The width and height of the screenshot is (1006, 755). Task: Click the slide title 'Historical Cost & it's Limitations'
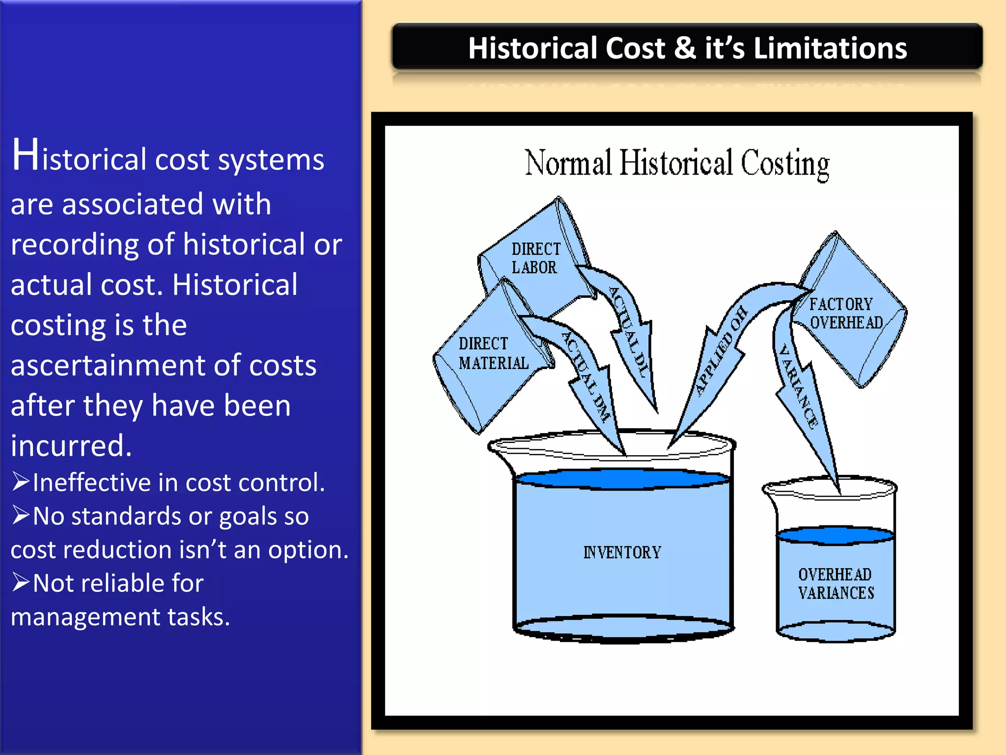(x=687, y=48)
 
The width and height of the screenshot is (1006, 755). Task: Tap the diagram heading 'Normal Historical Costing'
(x=677, y=163)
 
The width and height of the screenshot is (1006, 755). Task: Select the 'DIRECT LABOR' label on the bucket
(x=535, y=258)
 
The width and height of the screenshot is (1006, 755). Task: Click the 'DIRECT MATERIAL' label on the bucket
(x=493, y=353)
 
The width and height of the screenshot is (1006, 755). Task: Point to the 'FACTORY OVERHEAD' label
(x=845, y=314)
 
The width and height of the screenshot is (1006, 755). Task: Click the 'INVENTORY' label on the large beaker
(x=622, y=552)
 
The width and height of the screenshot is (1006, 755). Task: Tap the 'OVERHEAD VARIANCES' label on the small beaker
(x=836, y=583)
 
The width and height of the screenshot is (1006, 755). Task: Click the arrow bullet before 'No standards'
(x=21, y=515)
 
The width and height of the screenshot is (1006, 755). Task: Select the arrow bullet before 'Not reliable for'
(x=21, y=582)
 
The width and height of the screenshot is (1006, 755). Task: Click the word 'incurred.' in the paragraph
(x=71, y=446)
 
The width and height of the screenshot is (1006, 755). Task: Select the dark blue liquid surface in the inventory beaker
(x=622, y=479)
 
